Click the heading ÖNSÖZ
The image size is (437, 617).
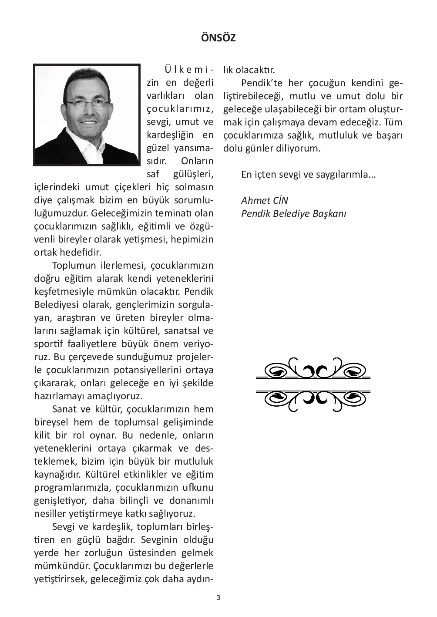point(218,38)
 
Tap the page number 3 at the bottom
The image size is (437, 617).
point(218,597)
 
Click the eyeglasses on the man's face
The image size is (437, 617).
point(87,103)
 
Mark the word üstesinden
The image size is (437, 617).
point(149,553)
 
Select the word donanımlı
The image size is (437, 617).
point(191,501)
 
